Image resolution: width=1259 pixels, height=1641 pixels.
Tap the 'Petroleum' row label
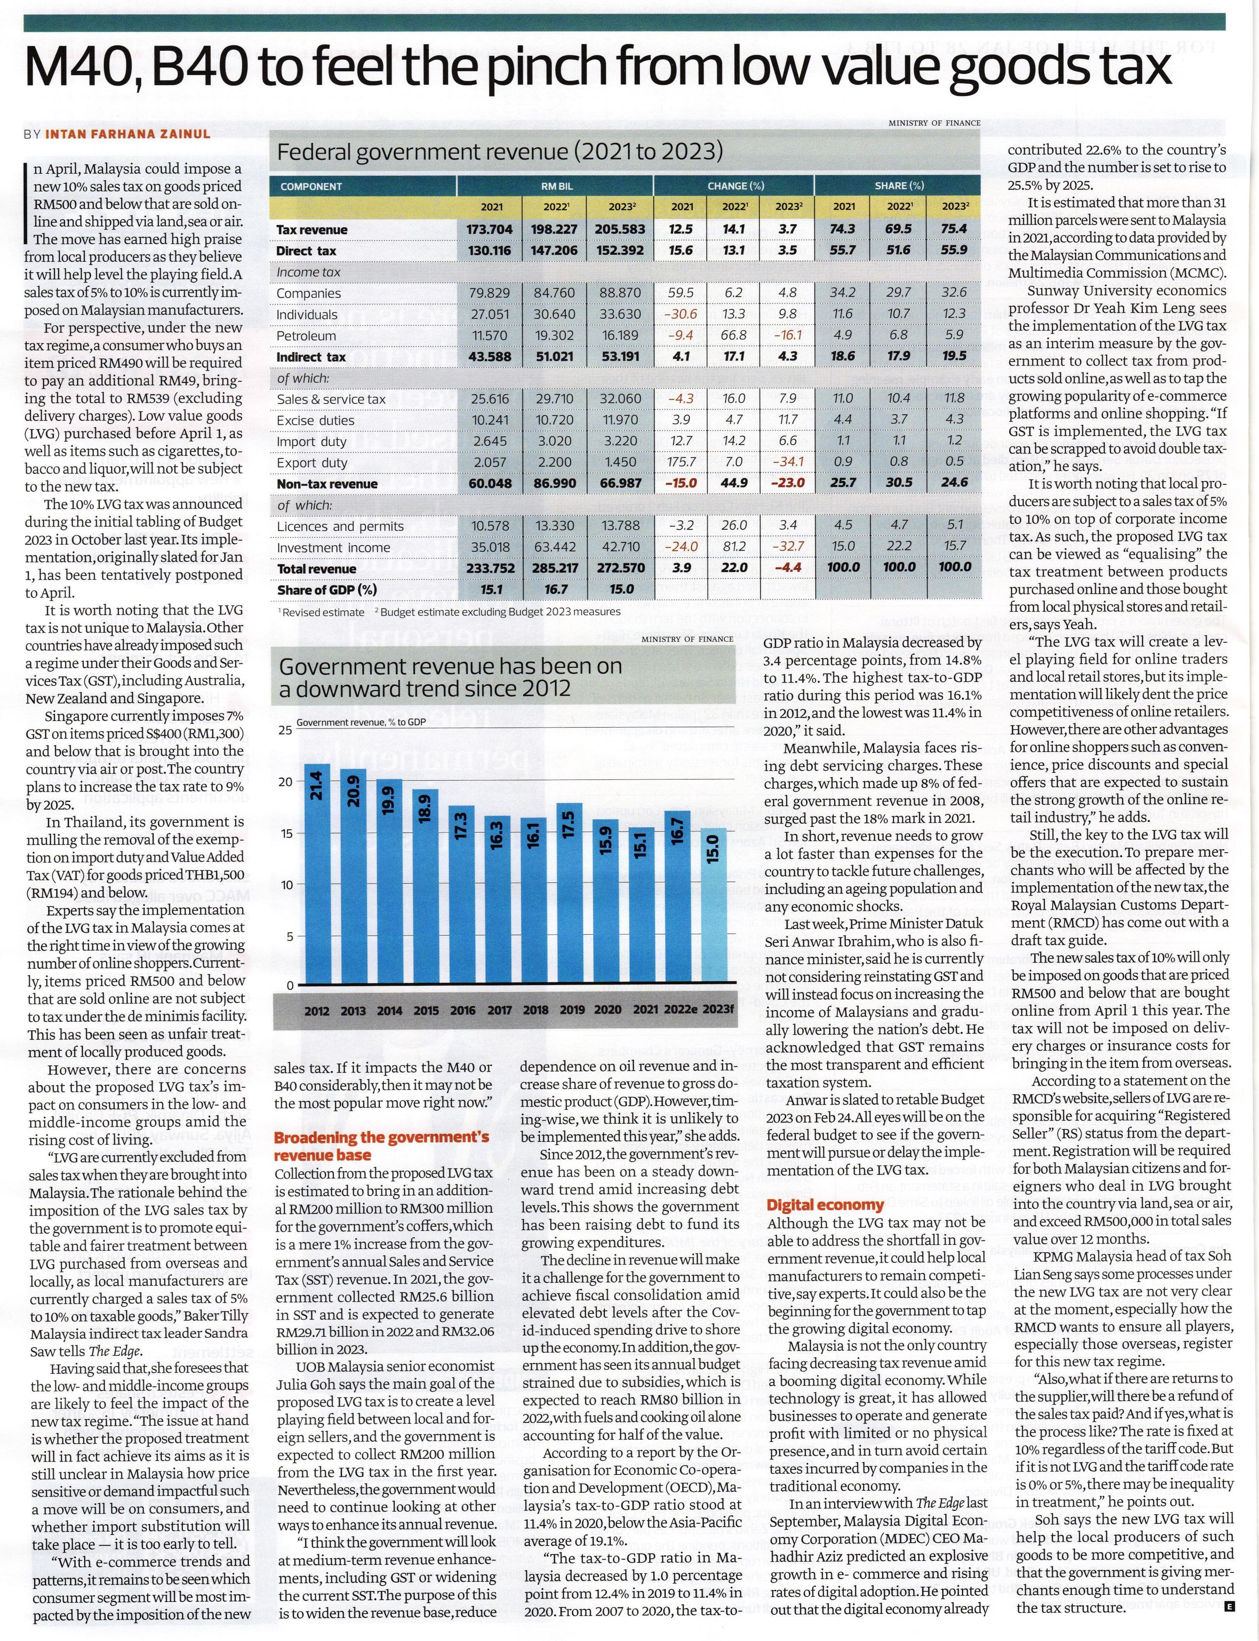[x=306, y=336]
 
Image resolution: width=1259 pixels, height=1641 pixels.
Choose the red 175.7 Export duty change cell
[x=682, y=462]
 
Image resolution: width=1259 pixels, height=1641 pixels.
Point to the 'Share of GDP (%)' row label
[x=327, y=590]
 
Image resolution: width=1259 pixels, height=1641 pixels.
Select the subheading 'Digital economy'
[x=825, y=1204]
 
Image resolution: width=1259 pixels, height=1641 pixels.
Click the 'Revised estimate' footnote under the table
[x=324, y=612]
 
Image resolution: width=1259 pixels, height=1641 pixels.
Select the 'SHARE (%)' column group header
[x=898, y=186]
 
